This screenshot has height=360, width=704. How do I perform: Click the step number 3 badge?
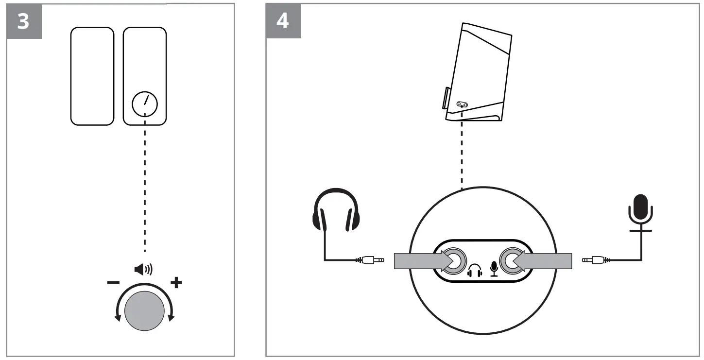[x=23, y=22]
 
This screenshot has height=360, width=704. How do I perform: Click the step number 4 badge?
[x=284, y=22]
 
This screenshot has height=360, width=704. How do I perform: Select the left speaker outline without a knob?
[x=92, y=76]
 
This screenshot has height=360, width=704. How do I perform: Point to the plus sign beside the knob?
[x=176, y=283]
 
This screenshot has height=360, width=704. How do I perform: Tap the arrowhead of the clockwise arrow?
[x=171, y=318]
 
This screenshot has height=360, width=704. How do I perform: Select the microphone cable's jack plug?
[x=595, y=260]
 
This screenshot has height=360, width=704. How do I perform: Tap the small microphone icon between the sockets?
[x=494, y=268]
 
